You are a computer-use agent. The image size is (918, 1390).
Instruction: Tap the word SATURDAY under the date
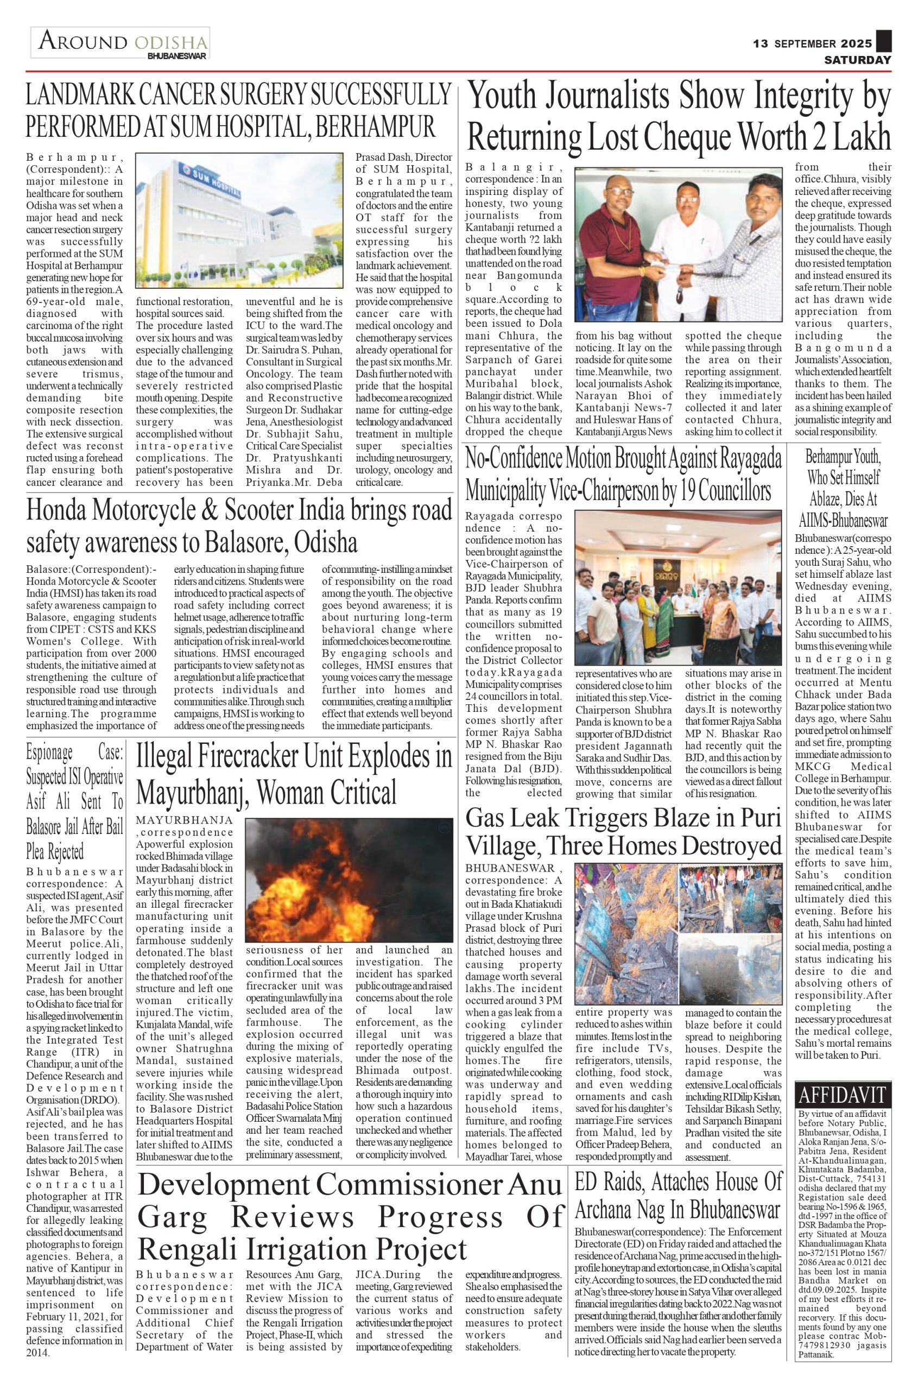coord(858,60)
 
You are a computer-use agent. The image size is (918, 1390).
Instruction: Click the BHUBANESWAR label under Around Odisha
coord(177,57)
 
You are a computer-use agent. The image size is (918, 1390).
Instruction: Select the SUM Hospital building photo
coord(239,221)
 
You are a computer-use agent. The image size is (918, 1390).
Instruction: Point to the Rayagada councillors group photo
coord(678,587)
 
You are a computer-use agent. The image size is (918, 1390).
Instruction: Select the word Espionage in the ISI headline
coord(50,752)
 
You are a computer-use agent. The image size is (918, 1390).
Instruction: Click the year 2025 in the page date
coord(857,43)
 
